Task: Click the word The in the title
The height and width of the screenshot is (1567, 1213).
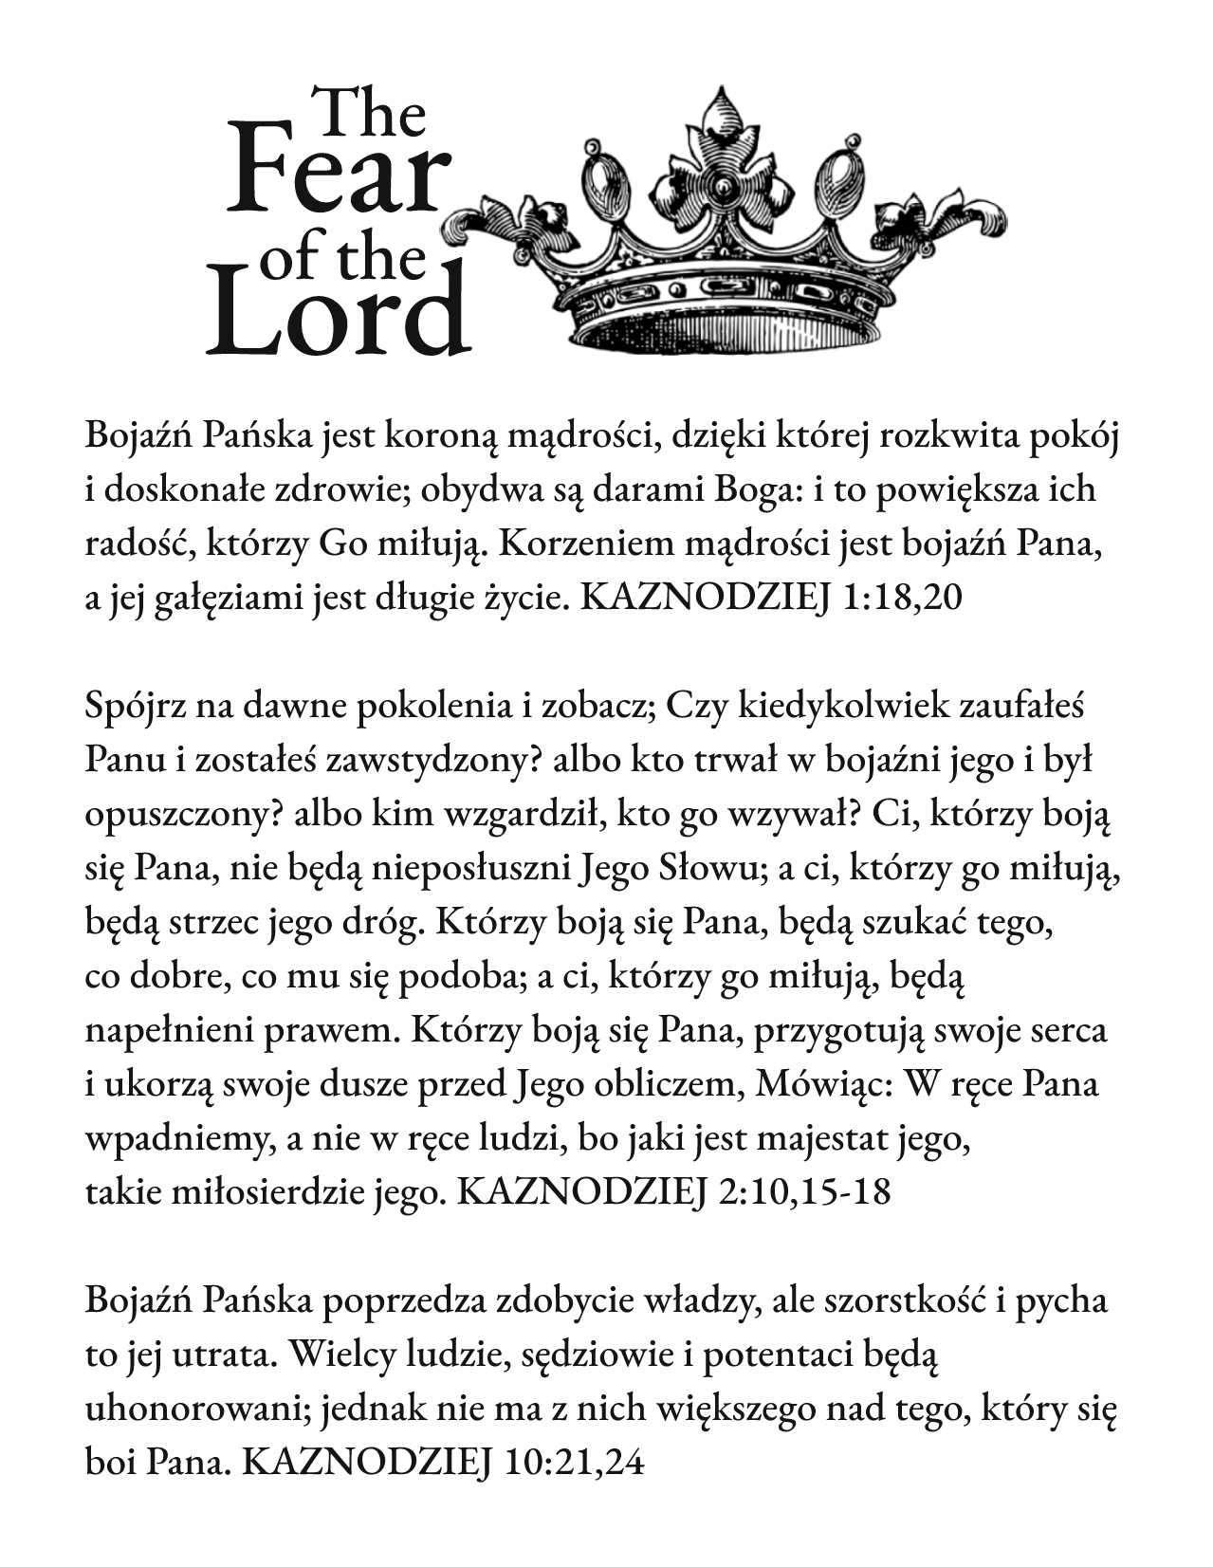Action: [x=369, y=114]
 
